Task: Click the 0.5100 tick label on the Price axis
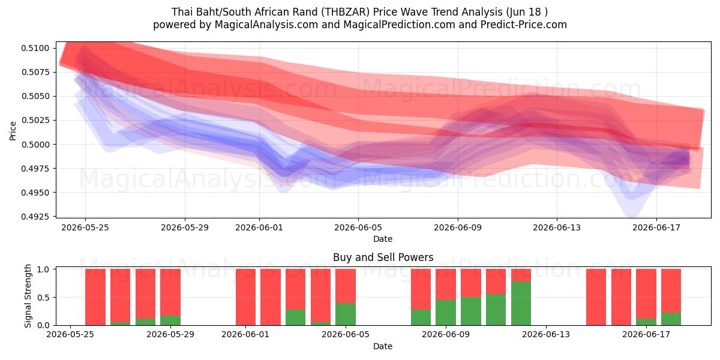coord(35,48)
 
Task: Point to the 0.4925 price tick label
coord(35,217)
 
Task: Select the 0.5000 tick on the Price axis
coord(35,145)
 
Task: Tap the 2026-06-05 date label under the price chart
coord(358,227)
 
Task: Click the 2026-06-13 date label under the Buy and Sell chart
coord(546,334)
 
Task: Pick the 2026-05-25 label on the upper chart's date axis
coord(85,227)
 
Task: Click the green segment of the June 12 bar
coord(521,303)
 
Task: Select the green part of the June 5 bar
coord(346,314)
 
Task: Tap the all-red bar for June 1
coord(245,297)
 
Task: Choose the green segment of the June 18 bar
coord(671,319)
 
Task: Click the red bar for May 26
coord(95,297)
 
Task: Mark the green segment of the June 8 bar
coord(421,317)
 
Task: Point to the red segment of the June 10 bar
coord(471,283)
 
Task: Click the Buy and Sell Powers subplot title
coord(383,257)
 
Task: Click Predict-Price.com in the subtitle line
coord(524,25)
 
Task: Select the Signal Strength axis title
coord(28,296)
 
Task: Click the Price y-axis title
coord(13,131)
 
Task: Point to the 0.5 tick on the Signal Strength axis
coord(43,298)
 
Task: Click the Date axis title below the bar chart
coord(383,346)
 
